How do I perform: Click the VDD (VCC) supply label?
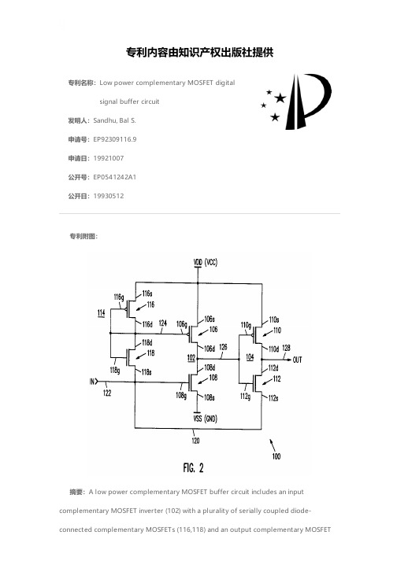click(x=206, y=262)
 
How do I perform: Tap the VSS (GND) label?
click(x=206, y=419)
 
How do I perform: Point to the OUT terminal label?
click(x=298, y=360)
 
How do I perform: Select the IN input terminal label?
click(x=92, y=382)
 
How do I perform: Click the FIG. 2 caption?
click(x=193, y=467)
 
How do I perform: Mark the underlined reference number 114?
click(x=102, y=313)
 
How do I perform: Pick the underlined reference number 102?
click(x=191, y=358)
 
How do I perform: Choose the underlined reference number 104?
click(x=250, y=357)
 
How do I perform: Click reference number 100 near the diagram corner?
click(x=276, y=456)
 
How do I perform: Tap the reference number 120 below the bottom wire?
click(x=195, y=441)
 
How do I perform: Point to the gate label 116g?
click(x=119, y=297)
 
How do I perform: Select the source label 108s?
click(x=210, y=397)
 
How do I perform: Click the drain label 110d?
click(x=274, y=349)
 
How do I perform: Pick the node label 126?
click(x=223, y=347)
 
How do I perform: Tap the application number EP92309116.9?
click(x=115, y=139)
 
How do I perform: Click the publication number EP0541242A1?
click(x=115, y=177)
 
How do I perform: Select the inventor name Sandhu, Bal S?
click(x=114, y=120)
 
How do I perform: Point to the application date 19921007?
click(x=109, y=158)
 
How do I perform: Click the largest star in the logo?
click(x=280, y=98)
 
